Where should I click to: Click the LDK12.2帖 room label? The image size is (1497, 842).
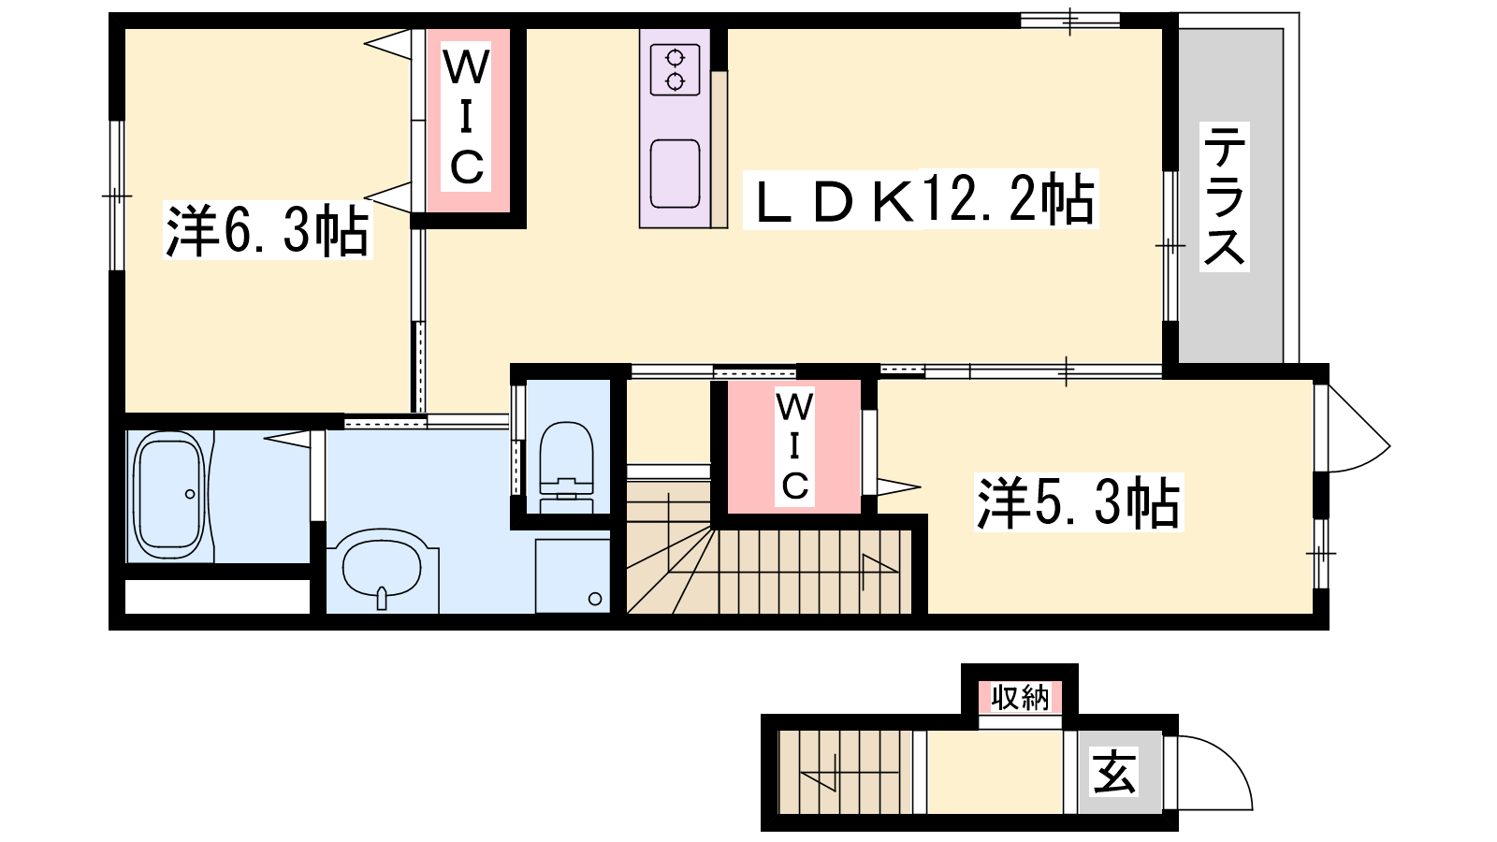click(x=921, y=199)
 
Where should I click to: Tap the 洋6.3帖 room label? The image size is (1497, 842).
click(x=268, y=230)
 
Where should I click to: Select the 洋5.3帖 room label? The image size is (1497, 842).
click(x=1079, y=502)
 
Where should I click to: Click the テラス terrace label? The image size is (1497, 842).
click(x=1225, y=196)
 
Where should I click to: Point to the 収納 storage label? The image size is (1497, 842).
click(x=1021, y=698)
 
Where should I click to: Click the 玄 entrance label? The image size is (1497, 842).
click(x=1113, y=772)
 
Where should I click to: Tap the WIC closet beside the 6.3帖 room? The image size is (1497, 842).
click(x=467, y=118)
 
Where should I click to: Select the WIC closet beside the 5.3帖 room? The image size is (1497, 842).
click(x=794, y=446)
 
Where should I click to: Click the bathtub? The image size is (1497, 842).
click(x=169, y=495)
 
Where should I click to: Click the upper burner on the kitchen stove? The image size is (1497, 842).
click(x=675, y=58)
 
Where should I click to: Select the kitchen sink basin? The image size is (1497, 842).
click(x=675, y=174)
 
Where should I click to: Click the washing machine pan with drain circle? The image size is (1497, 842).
click(x=572, y=575)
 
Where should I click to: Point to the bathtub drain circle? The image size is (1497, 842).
click(x=190, y=494)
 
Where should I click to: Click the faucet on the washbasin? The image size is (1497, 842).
click(x=382, y=598)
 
